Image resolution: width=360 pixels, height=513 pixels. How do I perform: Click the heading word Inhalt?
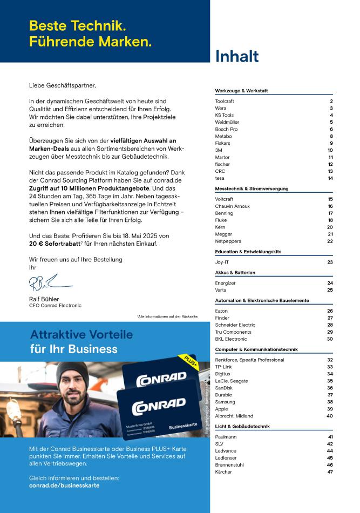click(237, 57)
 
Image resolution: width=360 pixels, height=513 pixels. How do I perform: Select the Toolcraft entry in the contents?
click(225, 102)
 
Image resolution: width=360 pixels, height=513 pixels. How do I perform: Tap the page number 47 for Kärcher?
click(329, 472)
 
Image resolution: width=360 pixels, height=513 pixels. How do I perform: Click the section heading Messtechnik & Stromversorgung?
click(252, 189)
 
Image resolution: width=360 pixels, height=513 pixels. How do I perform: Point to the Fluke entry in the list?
click(221, 220)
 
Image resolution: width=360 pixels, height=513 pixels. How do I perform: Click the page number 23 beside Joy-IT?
click(330, 262)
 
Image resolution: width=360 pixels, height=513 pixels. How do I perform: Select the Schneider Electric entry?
click(235, 325)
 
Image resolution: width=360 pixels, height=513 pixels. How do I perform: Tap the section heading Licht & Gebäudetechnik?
click(242, 427)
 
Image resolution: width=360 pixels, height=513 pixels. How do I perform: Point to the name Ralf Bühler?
click(44, 299)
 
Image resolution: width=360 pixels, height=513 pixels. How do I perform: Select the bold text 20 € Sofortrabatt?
click(55, 244)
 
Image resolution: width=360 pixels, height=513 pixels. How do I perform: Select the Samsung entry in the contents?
click(225, 402)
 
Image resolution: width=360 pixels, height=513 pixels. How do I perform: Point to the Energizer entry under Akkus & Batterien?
click(226, 283)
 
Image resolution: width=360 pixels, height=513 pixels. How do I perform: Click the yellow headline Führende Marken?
click(90, 41)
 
